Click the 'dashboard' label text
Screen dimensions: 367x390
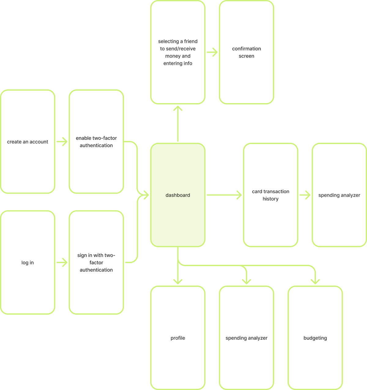pos(178,195)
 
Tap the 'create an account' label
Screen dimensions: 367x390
pos(28,142)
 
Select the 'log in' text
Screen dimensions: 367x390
pos(28,262)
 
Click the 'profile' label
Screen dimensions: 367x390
pos(178,338)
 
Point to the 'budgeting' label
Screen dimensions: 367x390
pos(315,338)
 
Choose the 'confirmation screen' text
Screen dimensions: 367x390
pos(247,52)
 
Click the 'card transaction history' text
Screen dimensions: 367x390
pos(270,195)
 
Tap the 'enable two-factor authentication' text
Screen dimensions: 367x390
pos(96,142)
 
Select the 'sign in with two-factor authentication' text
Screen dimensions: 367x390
pos(96,262)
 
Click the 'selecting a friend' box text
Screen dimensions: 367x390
pos(178,52)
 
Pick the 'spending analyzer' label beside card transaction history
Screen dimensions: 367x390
pos(339,195)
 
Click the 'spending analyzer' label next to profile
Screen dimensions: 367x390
pos(247,338)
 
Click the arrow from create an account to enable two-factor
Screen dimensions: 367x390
pos(62,142)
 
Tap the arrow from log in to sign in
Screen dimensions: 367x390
pos(62,262)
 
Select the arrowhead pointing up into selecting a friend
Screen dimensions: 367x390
pos(178,108)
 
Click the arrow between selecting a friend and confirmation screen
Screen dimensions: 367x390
pos(212,52)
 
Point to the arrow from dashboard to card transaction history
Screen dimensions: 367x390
pos(224,195)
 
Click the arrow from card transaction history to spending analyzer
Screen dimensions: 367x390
pos(305,195)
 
